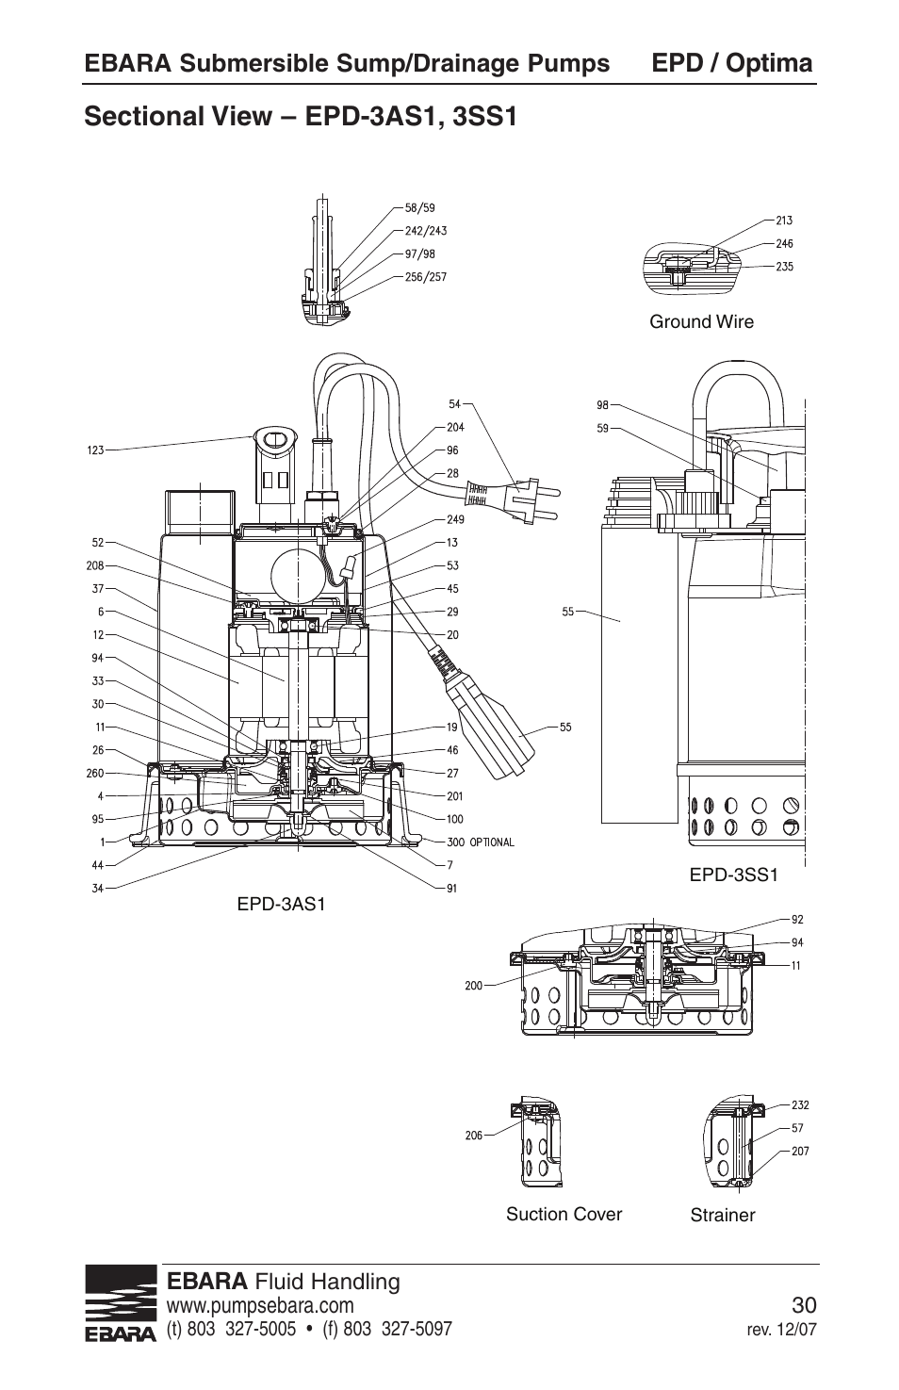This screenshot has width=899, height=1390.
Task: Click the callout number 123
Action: [95, 451]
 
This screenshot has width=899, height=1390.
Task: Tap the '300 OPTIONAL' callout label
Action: [480, 842]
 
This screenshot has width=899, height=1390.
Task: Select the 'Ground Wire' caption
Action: [701, 322]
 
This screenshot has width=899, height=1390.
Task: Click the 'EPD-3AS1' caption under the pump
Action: [281, 905]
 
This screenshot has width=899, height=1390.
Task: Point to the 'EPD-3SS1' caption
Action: [733, 875]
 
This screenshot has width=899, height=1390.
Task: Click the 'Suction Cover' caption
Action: [564, 1214]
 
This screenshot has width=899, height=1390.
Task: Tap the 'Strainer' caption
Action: [722, 1216]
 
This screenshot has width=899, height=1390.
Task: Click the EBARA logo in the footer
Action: [121, 1305]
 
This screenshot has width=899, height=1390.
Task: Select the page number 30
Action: [804, 1305]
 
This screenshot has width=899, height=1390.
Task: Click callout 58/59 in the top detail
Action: [419, 207]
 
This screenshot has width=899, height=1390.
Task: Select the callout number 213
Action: [783, 221]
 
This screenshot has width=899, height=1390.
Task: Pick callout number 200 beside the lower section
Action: [473, 986]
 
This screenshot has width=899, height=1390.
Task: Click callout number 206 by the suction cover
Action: [473, 1136]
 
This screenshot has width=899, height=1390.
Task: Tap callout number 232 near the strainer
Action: [800, 1105]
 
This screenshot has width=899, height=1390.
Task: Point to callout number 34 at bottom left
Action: [97, 888]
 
